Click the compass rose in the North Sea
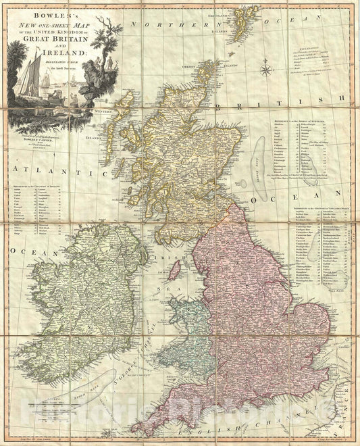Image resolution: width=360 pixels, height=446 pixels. tap(266, 69)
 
